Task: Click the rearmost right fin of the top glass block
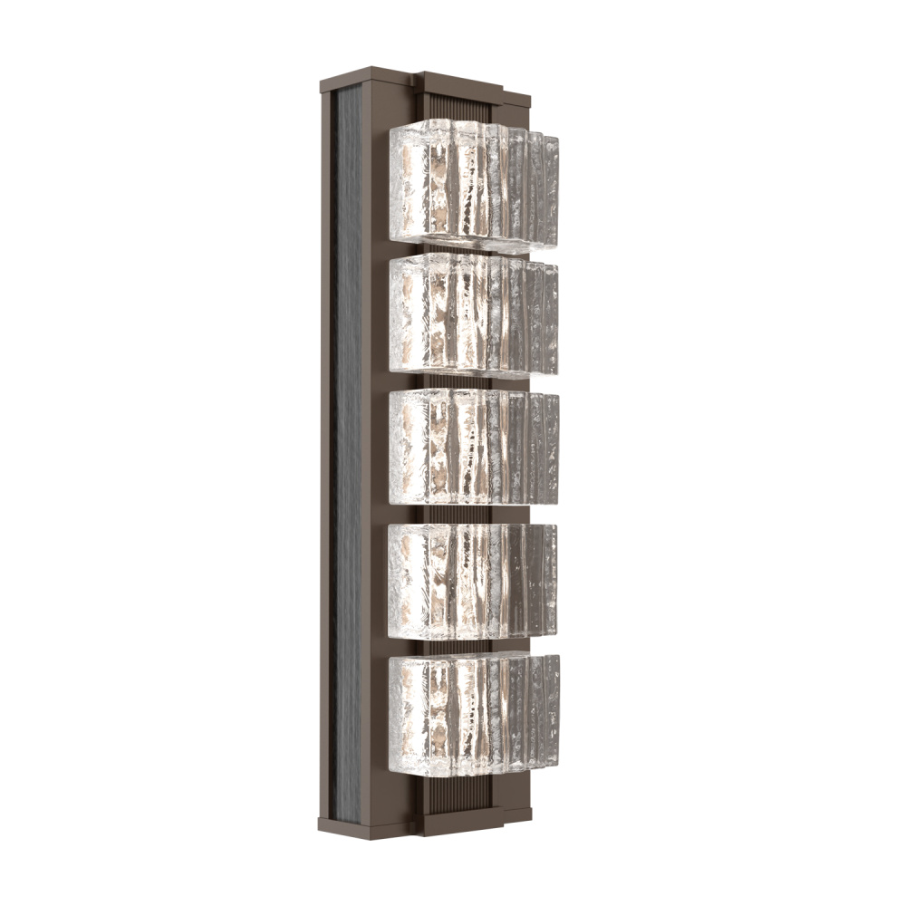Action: coord(552,190)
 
